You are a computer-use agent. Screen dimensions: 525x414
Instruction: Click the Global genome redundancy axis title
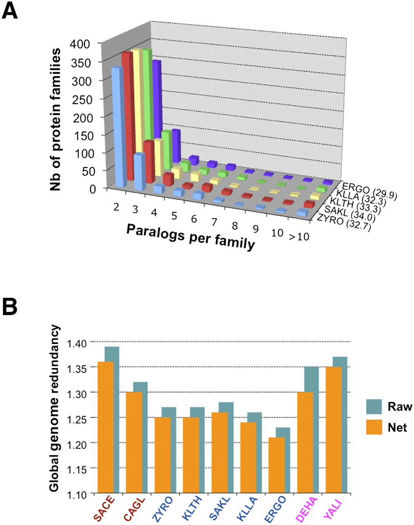click(55, 408)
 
